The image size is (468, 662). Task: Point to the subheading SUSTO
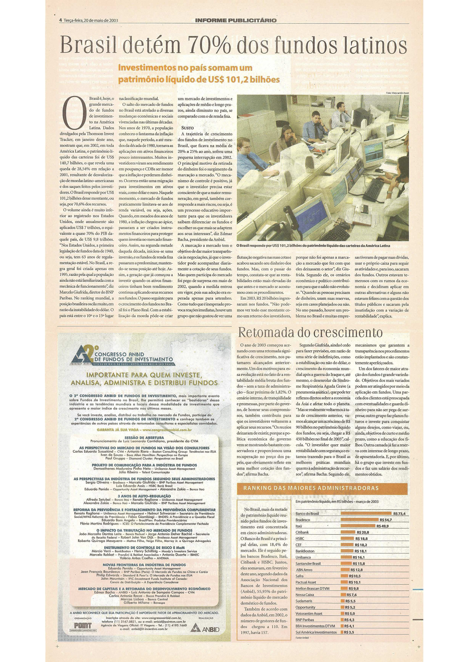188,128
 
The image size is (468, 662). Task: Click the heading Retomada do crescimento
310,332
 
